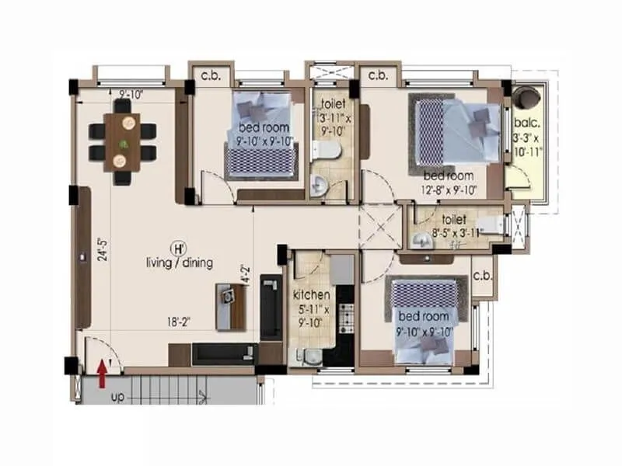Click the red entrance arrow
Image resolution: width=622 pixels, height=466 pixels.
[101, 372]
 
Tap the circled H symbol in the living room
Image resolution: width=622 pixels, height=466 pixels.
[178, 249]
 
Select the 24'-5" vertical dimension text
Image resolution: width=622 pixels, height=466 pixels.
[102, 250]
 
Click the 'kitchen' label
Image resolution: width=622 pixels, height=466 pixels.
[312, 295]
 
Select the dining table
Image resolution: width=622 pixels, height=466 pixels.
[122, 141]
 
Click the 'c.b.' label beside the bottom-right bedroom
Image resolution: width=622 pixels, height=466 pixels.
[482, 276]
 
